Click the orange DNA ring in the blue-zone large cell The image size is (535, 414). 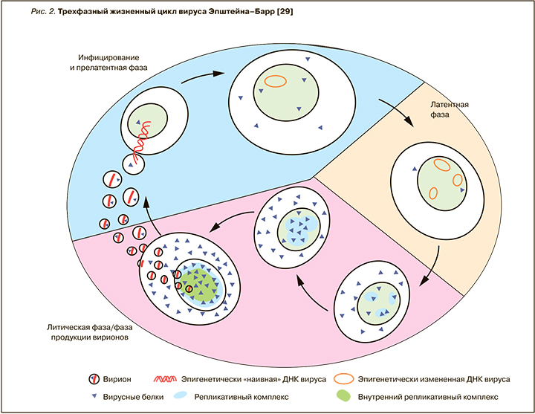[276, 80]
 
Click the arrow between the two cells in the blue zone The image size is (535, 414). [213, 74]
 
